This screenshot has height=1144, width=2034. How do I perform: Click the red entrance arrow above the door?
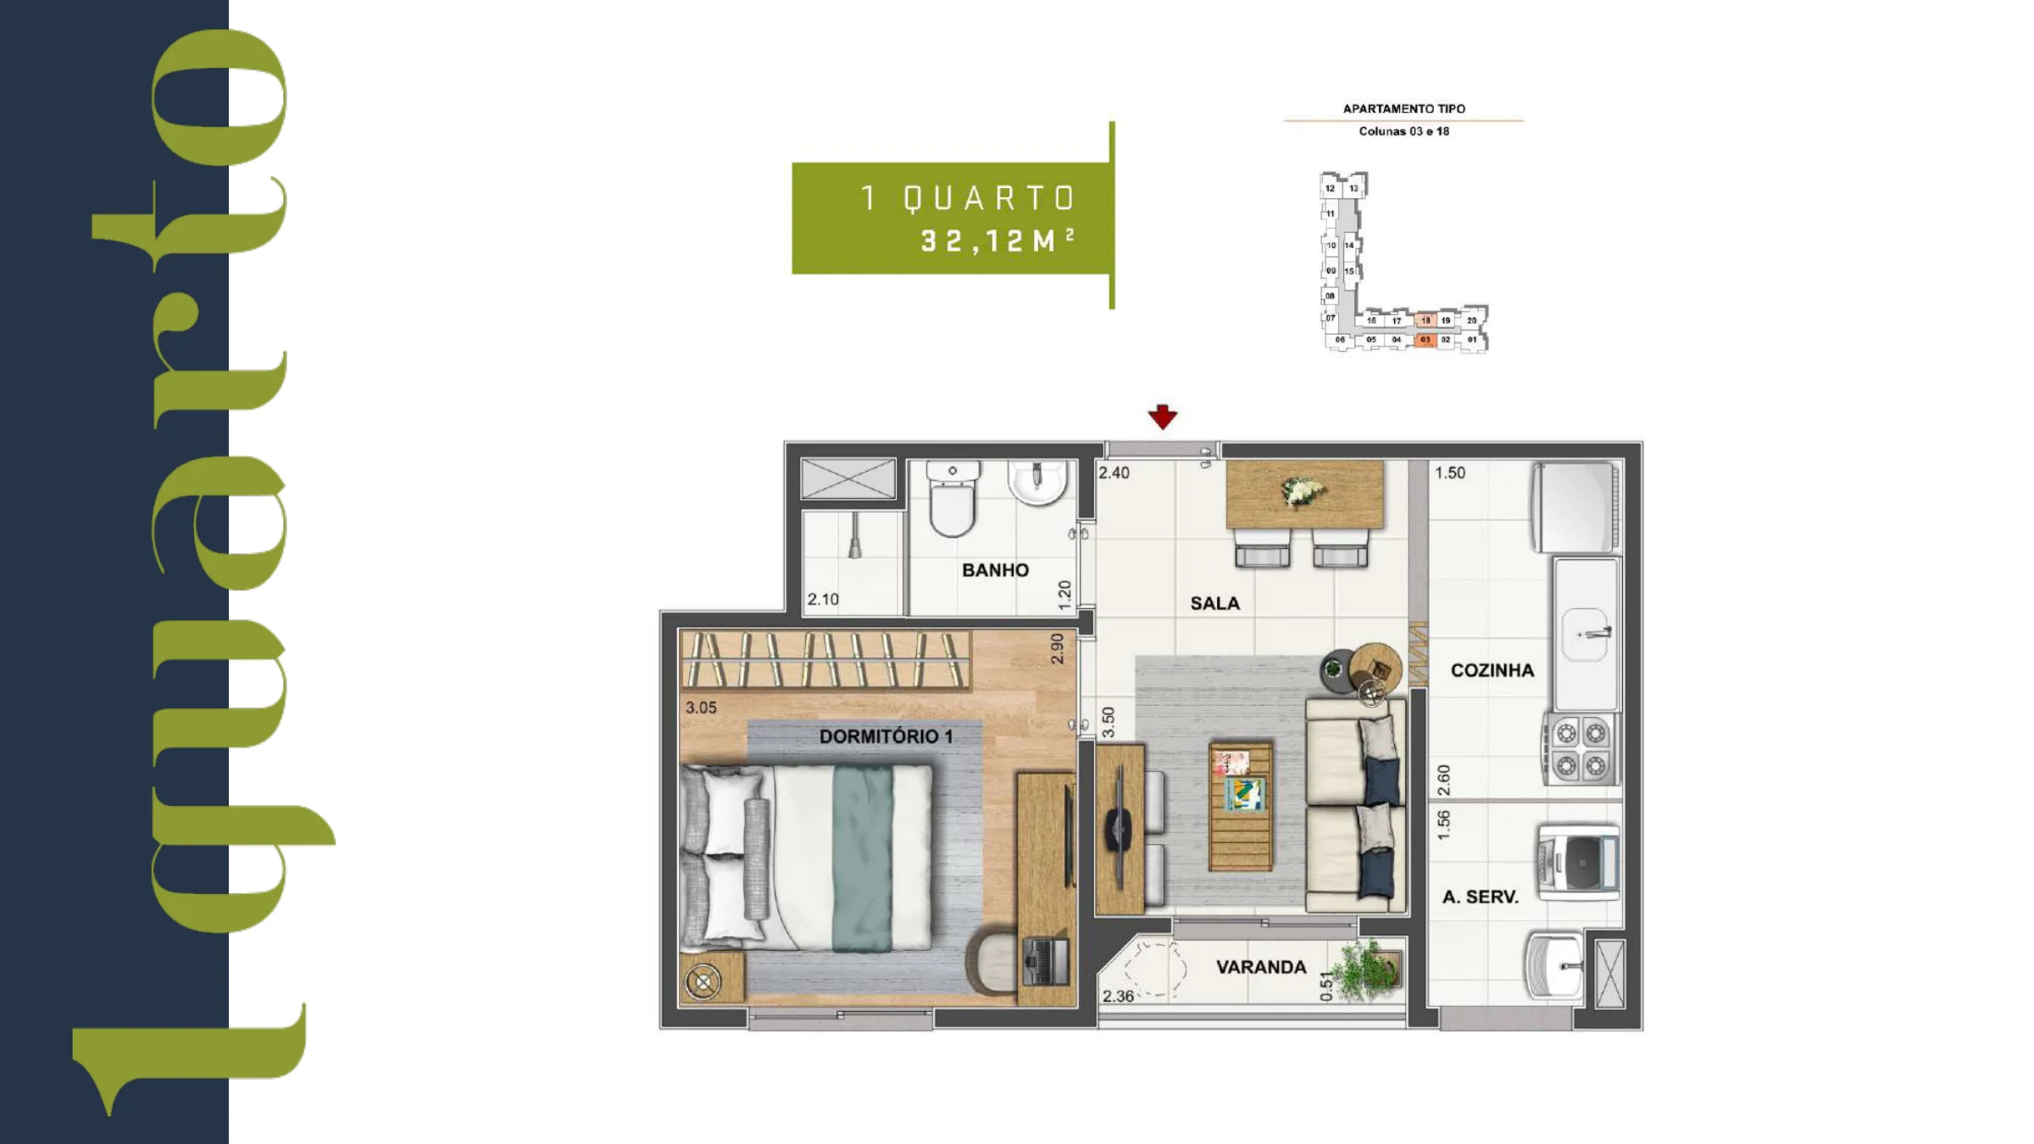tap(1162, 416)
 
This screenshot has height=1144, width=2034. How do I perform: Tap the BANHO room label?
tap(995, 570)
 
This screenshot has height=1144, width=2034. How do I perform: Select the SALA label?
tap(1214, 603)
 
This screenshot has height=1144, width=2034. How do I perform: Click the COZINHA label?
tap(1492, 670)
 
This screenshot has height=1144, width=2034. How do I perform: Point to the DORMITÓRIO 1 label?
tap(886, 736)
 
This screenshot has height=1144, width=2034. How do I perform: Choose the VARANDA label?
tap(1261, 967)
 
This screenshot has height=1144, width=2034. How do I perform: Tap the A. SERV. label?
tap(1480, 897)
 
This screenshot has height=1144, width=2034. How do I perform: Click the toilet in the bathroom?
tap(953, 498)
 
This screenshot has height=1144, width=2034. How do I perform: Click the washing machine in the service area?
tap(1578, 862)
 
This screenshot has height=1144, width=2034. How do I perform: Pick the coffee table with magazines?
tap(1241, 806)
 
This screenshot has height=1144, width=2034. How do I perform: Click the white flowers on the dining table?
tap(1302, 491)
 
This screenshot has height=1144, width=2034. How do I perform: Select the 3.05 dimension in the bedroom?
tap(701, 708)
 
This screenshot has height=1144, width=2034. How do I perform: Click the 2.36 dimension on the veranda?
tap(1118, 997)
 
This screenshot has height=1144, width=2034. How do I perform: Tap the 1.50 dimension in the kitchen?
tap(1450, 473)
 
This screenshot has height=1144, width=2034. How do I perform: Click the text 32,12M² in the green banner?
tap(998, 241)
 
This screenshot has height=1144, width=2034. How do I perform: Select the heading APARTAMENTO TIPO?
tap(1404, 108)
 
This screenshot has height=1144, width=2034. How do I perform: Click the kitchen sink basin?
tap(1585, 634)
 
